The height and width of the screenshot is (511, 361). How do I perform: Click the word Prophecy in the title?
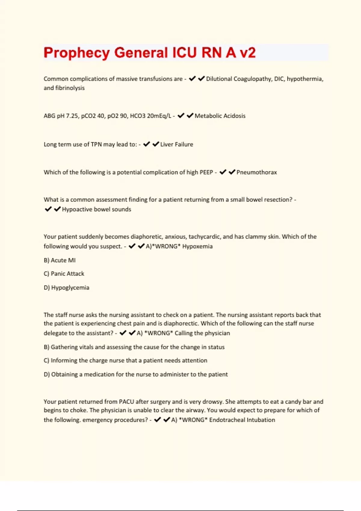[x=76, y=53]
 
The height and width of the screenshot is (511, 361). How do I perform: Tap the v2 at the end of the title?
[x=248, y=53]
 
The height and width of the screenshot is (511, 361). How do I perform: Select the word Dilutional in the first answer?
[x=219, y=79]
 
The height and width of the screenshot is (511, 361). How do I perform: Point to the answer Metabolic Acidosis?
[x=220, y=116]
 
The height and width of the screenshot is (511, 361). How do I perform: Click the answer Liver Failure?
[x=177, y=144]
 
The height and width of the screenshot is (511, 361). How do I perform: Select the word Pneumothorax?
[x=257, y=172]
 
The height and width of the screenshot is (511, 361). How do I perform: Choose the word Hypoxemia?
[x=197, y=246]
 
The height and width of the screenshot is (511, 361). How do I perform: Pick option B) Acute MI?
[x=60, y=260]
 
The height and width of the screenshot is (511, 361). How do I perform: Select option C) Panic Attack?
[x=64, y=274]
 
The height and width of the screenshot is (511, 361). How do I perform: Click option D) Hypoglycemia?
[x=66, y=288]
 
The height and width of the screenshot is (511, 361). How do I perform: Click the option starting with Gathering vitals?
[x=134, y=347]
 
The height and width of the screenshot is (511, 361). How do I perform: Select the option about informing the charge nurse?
[x=125, y=360]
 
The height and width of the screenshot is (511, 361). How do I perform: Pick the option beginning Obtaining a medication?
[x=136, y=374]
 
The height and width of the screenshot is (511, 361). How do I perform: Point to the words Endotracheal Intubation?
[x=242, y=420]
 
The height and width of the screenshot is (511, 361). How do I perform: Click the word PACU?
[x=126, y=402]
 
